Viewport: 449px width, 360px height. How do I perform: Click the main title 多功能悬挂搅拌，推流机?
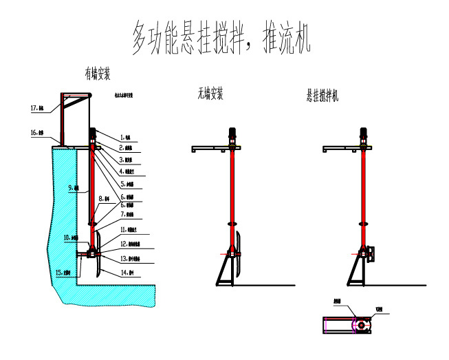tap(222, 38)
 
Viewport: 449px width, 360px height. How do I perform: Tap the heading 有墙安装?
tap(97, 73)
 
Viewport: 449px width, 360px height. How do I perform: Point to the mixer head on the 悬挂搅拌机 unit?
tap(372, 255)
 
